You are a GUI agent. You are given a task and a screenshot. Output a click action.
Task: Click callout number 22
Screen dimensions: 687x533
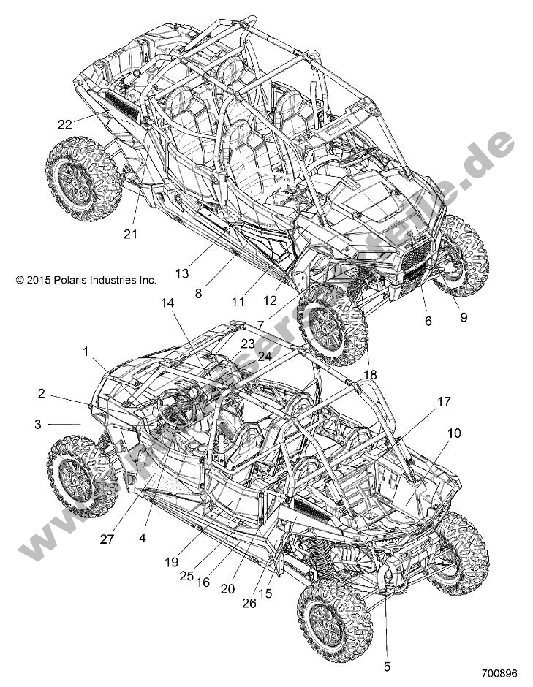tap(64, 125)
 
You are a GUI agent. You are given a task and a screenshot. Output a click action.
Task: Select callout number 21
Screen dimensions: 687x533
tap(131, 234)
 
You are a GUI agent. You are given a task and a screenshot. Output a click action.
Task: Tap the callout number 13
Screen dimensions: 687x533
tap(182, 273)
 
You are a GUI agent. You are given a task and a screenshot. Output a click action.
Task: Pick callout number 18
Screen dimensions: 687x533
tap(371, 375)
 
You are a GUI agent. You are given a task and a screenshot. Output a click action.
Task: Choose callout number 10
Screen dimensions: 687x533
tap(454, 433)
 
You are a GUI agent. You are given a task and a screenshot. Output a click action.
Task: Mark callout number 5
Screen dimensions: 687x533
tap(387, 666)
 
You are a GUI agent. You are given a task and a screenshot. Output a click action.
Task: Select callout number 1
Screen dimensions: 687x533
tap(86, 352)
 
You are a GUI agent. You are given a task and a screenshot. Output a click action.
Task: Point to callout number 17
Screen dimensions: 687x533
tap(443, 401)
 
